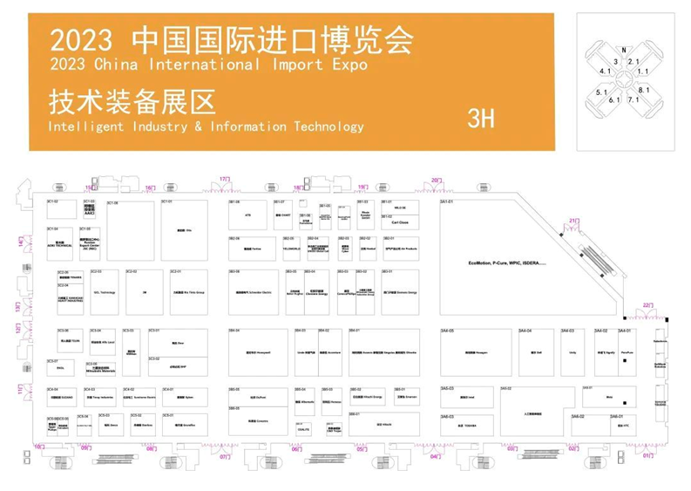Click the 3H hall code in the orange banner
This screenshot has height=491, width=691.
point(481,119)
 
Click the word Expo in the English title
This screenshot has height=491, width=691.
point(346,65)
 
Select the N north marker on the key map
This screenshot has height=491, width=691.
point(624,51)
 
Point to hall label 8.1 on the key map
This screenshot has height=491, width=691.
point(644,90)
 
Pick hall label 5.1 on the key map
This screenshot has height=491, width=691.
point(602,92)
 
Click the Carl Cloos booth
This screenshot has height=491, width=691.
point(400,222)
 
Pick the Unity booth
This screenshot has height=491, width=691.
point(573,352)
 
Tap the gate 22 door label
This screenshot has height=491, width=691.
point(647,304)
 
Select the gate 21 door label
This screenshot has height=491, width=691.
point(573,220)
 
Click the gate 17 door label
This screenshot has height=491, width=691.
point(224,179)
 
